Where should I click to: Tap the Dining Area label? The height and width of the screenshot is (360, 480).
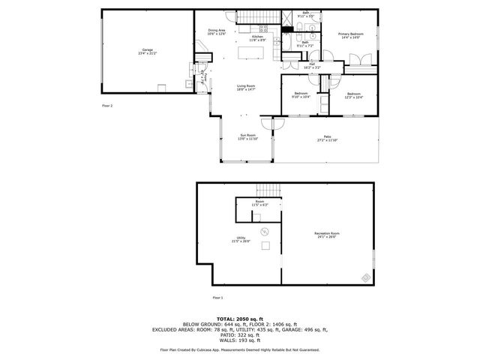(217, 32)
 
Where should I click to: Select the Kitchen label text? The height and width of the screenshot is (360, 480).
(257, 38)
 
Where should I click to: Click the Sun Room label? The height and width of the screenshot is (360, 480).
(247, 137)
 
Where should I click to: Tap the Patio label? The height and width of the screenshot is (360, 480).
(327, 139)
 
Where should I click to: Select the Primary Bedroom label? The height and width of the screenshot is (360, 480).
(351, 35)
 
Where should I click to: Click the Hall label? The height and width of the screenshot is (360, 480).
(311, 66)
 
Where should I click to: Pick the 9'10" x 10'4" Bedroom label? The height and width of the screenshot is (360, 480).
(301, 94)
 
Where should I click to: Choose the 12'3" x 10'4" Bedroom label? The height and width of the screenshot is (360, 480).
(353, 94)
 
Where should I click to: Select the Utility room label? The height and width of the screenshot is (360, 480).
(241, 239)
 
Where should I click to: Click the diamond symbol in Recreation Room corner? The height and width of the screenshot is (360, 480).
(365, 277)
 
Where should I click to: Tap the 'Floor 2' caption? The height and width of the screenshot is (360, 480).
(107, 106)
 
